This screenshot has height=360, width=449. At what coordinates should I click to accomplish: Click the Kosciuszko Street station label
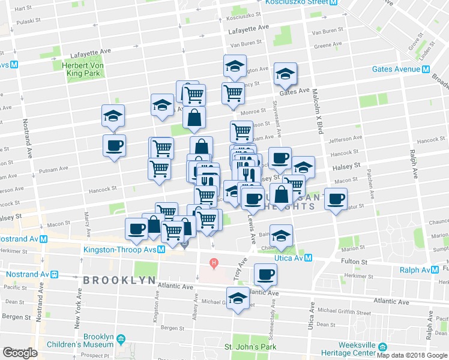297,2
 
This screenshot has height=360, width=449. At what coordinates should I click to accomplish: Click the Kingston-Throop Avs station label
124,250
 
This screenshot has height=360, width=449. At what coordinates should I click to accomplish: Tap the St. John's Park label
250,347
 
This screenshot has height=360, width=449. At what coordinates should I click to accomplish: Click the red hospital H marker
212,263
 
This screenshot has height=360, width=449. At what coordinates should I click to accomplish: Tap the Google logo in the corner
19,353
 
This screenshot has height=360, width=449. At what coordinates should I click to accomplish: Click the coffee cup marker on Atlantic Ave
265,275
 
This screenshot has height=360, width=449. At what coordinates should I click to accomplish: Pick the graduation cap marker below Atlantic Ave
238,299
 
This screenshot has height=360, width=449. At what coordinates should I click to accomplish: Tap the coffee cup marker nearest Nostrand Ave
114,145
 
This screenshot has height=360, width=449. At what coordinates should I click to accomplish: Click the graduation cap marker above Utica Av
281,235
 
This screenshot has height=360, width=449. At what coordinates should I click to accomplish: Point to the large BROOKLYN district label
120,280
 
